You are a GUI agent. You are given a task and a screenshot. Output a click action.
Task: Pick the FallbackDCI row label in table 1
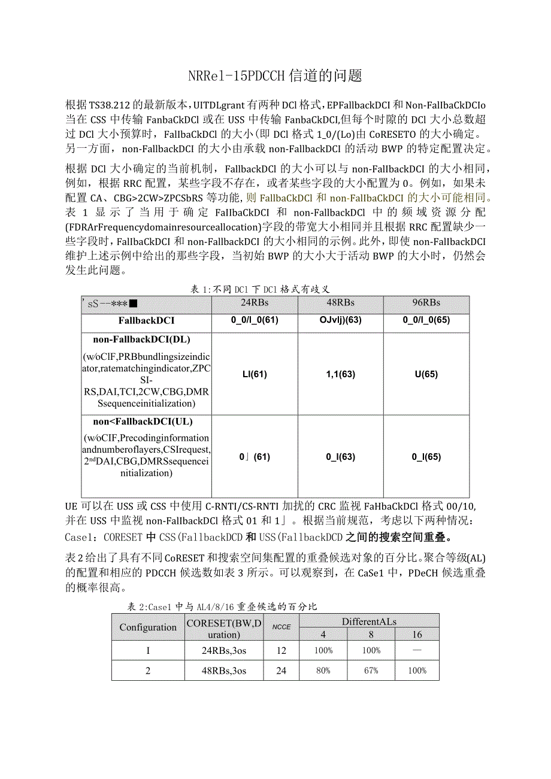point(146,320)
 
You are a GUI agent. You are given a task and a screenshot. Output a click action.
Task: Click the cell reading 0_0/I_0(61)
point(255,320)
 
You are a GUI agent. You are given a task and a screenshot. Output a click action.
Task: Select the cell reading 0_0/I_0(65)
point(426,320)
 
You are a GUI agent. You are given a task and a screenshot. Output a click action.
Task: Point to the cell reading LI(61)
point(255,374)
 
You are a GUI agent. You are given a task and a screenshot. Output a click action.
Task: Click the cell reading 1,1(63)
point(340,374)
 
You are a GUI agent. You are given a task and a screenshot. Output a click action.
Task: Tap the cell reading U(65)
point(426,374)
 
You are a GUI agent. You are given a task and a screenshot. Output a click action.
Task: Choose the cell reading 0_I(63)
point(340,456)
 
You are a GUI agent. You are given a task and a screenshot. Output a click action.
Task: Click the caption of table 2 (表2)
point(222,607)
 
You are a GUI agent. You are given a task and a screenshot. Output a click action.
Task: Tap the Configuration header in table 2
point(148,627)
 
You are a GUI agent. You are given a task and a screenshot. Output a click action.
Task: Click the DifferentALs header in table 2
point(369,621)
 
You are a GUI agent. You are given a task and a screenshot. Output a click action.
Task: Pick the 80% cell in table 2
point(323,671)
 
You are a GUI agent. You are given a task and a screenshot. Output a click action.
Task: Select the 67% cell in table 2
point(371,671)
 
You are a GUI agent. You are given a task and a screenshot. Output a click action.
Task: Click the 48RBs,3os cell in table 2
point(224,671)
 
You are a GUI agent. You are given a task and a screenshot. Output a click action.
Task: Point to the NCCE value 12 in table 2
point(281,650)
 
